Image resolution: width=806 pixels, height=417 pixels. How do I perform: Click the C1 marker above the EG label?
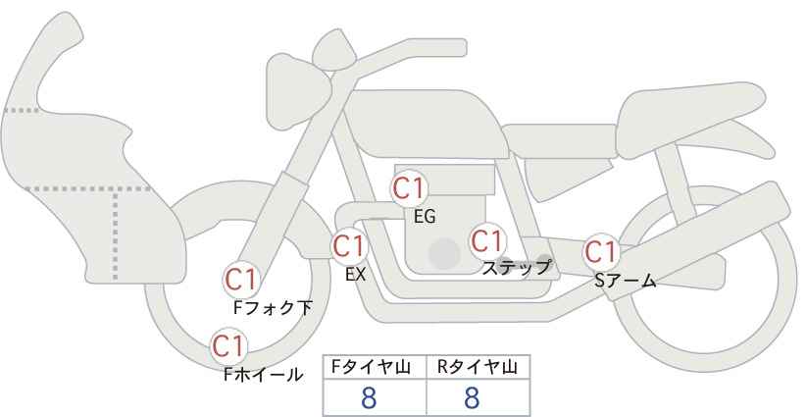point(409,188)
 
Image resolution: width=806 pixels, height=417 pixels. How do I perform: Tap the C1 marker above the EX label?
point(349,245)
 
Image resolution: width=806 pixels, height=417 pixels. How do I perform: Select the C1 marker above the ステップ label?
point(487,240)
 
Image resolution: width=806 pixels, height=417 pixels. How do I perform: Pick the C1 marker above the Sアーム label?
point(601,252)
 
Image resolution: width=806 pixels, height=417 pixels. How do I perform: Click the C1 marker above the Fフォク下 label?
point(241,281)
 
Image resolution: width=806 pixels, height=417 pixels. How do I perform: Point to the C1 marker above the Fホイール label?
point(228,346)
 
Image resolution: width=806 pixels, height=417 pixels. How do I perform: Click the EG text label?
point(425,217)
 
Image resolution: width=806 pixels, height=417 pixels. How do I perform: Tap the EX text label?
point(356,275)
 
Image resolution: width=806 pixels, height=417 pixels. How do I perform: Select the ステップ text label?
point(516,268)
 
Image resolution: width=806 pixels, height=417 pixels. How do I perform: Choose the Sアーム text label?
point(625,280)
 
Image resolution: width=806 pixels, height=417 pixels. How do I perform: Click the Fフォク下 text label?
point(273,307)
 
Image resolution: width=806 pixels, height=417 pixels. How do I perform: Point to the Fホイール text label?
point(263,375)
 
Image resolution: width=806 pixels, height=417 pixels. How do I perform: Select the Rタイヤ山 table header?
point(477,367)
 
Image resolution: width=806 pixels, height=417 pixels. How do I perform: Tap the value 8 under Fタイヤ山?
point(369,397)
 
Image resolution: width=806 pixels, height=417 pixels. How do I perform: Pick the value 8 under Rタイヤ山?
point(472,397)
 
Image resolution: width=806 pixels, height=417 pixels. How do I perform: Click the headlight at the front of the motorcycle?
point(298,91)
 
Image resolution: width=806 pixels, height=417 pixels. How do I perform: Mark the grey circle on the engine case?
point(444,253)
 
